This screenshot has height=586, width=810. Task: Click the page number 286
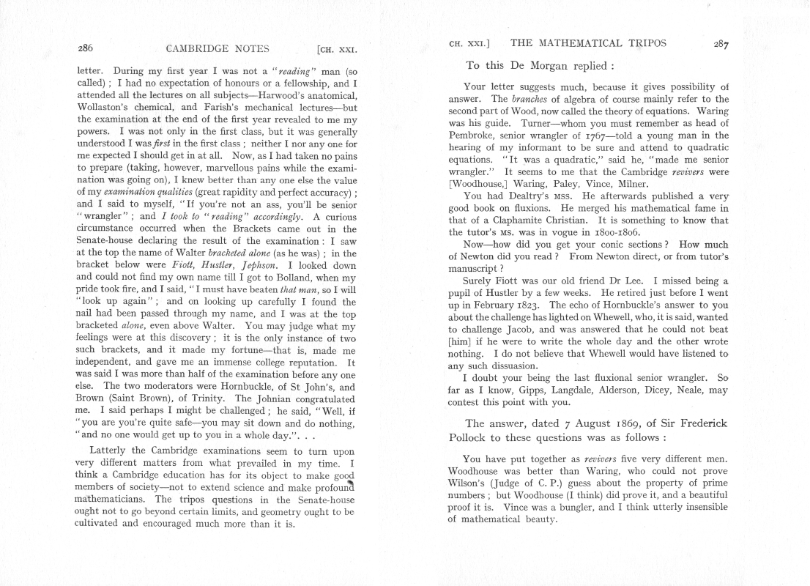[x=85, y=50]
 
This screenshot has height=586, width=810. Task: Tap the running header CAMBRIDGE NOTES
[x=218, y=50]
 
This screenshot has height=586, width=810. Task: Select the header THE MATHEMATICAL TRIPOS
[x=588, y=43]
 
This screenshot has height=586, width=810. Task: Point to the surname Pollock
[x=472, y=437]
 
